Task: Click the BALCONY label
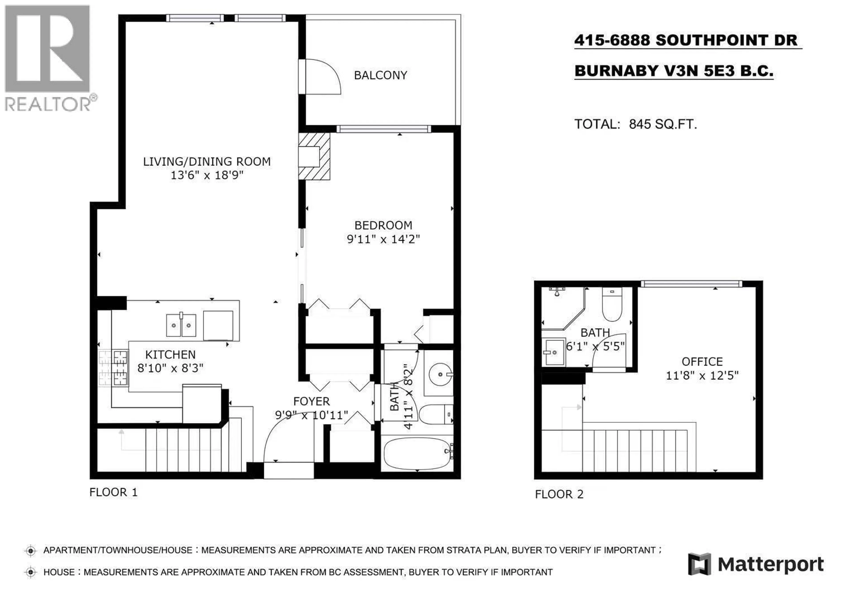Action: [380, 75]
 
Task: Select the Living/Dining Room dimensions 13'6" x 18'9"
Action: [207, 175]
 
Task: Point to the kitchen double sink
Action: [181, 325]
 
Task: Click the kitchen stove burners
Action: [113, 368]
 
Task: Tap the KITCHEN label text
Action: [170, 355]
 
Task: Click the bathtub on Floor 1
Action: [418, 453]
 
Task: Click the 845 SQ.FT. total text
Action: [663, 124]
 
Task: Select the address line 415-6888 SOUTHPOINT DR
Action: [686, 40]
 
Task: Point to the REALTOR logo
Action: [50, 58]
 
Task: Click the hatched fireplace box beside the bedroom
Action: [314, 156]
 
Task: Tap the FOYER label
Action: [311, 401]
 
